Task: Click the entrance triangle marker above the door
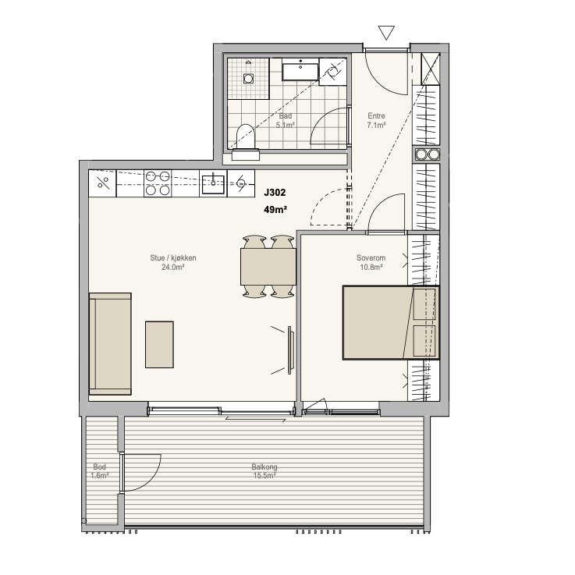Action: tap(386, 32)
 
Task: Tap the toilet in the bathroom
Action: tap(246, 142)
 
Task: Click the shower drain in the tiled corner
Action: tap(249, 78)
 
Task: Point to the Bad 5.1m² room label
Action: tap(286, 121)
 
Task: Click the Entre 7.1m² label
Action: tap(376, 121)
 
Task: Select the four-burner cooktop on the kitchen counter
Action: tap(158, 183)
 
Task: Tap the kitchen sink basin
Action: tap(213, 184)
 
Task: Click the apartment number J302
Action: tap(275, 193)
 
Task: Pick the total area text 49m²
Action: tap(275, 210)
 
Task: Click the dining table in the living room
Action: tap(268, 267)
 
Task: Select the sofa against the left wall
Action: tap(110, 344)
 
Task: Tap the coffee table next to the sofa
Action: tap(159, 345)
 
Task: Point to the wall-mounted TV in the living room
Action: tap(289, 350)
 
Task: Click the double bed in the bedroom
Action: tap(391, 322)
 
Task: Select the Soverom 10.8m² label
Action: tap(371, 263)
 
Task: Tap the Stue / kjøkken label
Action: tap(173, 263)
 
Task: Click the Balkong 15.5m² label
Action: tap(264, 471)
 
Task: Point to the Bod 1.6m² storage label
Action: tap(100, 471)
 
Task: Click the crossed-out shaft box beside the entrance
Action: tap(430, 69)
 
